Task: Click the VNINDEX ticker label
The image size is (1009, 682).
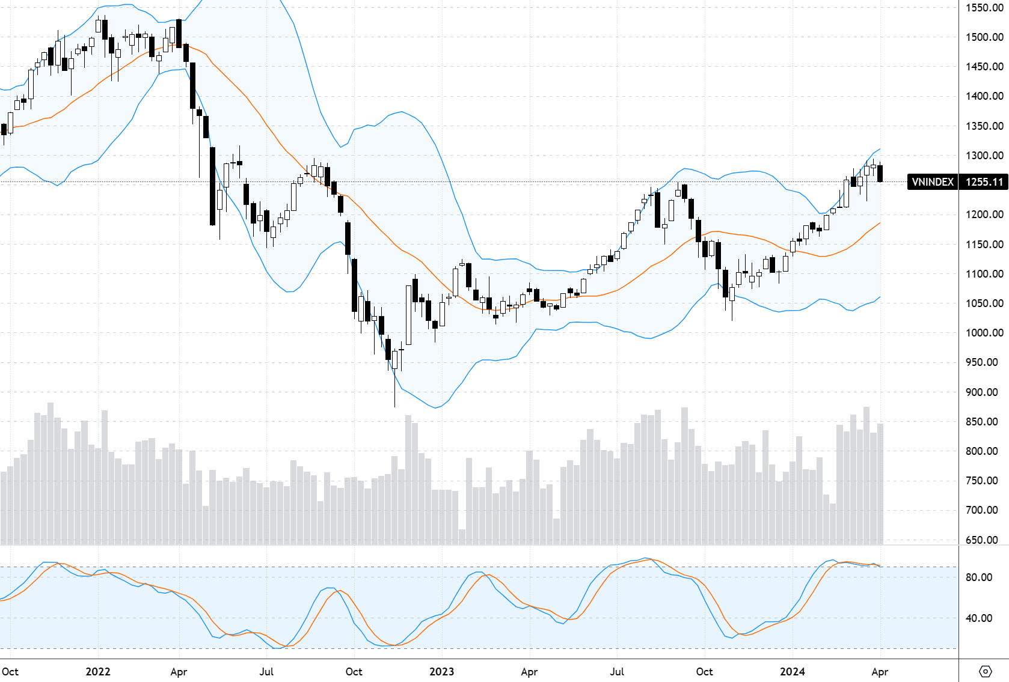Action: pos(932,182)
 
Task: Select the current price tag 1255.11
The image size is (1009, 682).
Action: pos(984,182)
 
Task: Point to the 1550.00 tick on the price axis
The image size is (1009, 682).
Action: pos(984,8)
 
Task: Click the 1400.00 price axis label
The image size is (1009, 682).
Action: pos(984,96)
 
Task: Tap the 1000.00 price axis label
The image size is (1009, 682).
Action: pos(984,333)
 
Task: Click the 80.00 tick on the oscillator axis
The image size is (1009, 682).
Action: pos(979,577)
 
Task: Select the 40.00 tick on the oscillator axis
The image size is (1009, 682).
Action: pos(979,618)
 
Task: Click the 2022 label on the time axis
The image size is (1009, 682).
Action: pos(98,672)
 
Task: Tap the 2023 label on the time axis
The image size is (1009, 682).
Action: pos(441,672)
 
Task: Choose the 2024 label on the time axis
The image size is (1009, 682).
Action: pos(792,672)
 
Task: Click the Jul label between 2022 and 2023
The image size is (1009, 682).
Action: pos(266,672)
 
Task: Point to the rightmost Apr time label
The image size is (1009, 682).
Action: pos(880,672)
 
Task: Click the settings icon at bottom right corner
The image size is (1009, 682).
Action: pos(985,671)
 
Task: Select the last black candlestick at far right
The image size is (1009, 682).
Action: pos(880,173)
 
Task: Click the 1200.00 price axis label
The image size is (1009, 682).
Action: pos(984,215)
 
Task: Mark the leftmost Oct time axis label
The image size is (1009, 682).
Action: pos(10,672)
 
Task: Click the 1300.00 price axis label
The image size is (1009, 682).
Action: pos(984,156)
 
